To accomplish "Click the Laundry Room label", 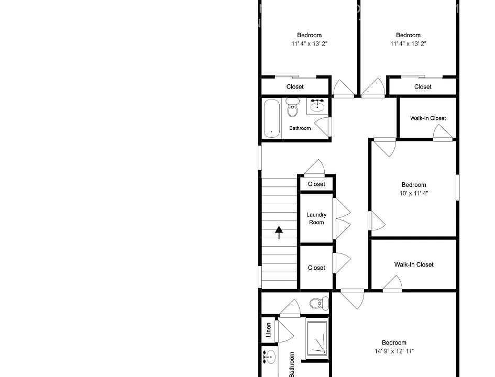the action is [x=316, y=218].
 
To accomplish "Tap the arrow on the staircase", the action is [x=279, y=232].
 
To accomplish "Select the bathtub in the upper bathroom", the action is [x=272, y=119].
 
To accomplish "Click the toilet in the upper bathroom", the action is [x=293, y=107].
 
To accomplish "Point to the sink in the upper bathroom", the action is [x=317, y=106].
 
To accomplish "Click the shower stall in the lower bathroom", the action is [x=317, y=338].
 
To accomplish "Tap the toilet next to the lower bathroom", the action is [x=319, y=304].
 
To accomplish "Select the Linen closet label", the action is [x=268, y=330].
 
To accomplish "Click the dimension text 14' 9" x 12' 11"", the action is [x=394, y=351].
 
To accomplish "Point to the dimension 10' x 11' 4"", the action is [x=414, y=193].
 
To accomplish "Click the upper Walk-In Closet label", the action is [x=428, y=118].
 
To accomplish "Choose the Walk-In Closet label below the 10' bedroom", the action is [x=414, y=265].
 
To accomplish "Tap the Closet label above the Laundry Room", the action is [x=316, y=184].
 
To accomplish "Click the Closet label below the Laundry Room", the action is [x=316, y=268].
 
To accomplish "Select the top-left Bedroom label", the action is [x=309, y=35].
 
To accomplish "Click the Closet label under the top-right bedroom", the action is [x=423, y=87].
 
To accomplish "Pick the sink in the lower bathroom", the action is [x=269, y=357].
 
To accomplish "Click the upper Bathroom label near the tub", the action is [x=300, y=128].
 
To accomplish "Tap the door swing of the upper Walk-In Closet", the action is [x=443, y=132].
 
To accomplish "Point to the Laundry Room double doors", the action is [x=342, y=218].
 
